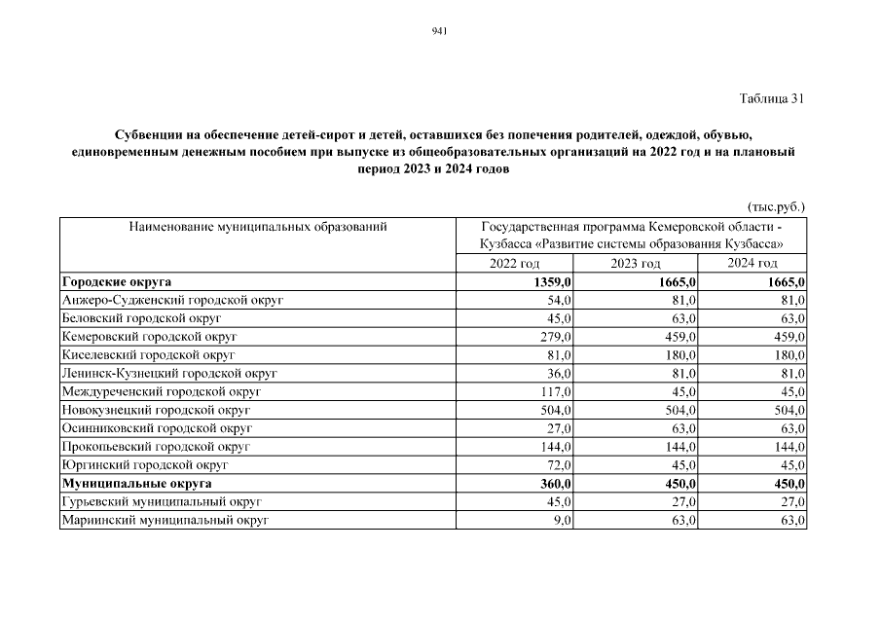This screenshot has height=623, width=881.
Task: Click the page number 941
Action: click(x=438, y=32)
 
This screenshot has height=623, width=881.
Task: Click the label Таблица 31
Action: click(x=772, y=98)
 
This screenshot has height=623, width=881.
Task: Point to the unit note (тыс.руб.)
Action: click(x=776, y=206)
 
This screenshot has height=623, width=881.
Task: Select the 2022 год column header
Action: click(x=514, y=264)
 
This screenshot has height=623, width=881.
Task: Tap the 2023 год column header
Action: click(x=636, y=264)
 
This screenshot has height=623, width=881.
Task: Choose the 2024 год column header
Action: click(x=753, y=264)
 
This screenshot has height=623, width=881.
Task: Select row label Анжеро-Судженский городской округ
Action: click(x=171, y=301)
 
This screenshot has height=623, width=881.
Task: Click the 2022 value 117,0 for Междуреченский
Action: click(x=558, y=391)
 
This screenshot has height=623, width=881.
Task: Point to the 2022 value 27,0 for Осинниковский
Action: click(x=561, y=428)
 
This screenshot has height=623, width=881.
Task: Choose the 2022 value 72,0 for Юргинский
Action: click(x=561, y=464)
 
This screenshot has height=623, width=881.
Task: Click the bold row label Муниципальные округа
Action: click(x=136, y=483)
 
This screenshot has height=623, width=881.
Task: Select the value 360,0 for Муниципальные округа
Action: click(x=556, y=483)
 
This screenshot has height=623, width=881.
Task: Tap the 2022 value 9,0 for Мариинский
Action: click(x=564, y=520)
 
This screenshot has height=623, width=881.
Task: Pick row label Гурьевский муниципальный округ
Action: click(x=162, y=501)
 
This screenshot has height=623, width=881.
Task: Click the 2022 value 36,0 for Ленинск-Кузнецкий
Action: click(x=561, y=373)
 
